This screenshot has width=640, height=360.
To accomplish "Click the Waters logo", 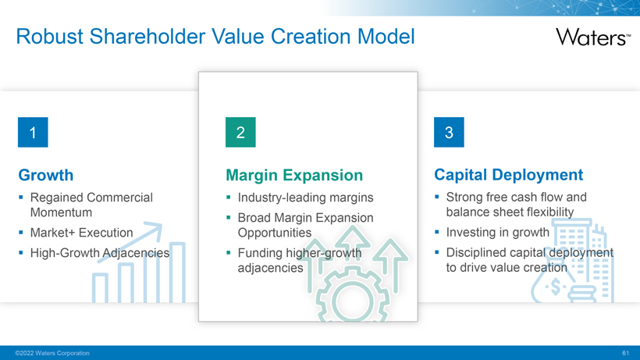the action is (x=593, y=37).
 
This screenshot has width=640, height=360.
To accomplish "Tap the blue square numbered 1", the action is (x=33, y=132).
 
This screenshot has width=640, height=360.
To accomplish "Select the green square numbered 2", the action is (x=240, y=132).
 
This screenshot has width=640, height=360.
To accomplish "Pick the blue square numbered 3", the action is (x=449, y=132).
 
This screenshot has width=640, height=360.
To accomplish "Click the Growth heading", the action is (x=46, y=175).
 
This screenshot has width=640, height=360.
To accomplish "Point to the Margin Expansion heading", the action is (x=294, y=175).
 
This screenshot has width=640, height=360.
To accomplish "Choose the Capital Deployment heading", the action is (x=509, y=175).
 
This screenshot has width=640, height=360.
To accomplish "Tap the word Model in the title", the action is (x=386, y=37).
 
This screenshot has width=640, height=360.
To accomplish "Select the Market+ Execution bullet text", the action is (x=82, y=233).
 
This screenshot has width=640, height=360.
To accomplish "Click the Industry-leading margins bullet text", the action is (x=306, y=198).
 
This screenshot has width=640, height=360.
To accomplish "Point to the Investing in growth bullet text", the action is (x=498, y=232).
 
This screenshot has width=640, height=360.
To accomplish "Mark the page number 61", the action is (x=626, y=353).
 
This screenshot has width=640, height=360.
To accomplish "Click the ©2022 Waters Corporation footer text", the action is (x=52, y=353).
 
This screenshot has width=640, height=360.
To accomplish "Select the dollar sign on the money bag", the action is (x=556, y=287).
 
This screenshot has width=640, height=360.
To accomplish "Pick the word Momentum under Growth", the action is (x=61, y=212).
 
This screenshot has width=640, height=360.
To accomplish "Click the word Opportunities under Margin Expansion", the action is (x=275, y=233).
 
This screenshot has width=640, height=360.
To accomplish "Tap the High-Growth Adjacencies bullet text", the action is (x=100, y=253).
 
